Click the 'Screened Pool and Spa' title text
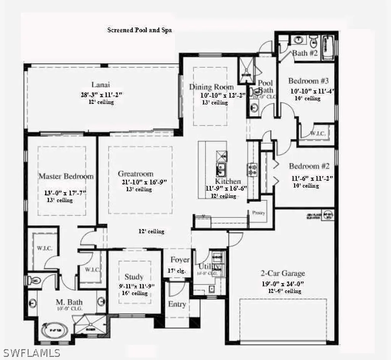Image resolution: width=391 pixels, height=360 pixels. pyautogui.click(x=139, y=30)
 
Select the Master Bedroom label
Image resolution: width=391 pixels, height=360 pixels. pyautogui.click(x=66, y=177)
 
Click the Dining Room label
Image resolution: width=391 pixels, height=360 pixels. pyautogui.click(x=211, y=87)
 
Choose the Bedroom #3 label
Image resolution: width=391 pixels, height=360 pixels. pyautogui.click(x=309, y=81)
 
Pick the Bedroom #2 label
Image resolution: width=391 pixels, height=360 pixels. pyautogui.click(x=309, y=166)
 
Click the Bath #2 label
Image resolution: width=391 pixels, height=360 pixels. pyautogui.click(x=305, y=53)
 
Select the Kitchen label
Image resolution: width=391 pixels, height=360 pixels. pyautogui.click(x=228, y=181)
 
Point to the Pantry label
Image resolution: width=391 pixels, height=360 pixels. pyautogui.click(x=259, y=213)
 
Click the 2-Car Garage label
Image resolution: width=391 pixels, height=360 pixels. pyautogui.click(x=283, y=273)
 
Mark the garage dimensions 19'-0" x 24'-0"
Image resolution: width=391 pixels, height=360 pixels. pyautogui.click(x=283, y=283)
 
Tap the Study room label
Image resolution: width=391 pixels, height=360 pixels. pyautogui.click(x=134, y=276)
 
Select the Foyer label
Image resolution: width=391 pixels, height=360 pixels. pyautogui.click(x=180, y=260)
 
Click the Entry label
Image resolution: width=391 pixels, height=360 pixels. pyautogui.click(x=177, y=304)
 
